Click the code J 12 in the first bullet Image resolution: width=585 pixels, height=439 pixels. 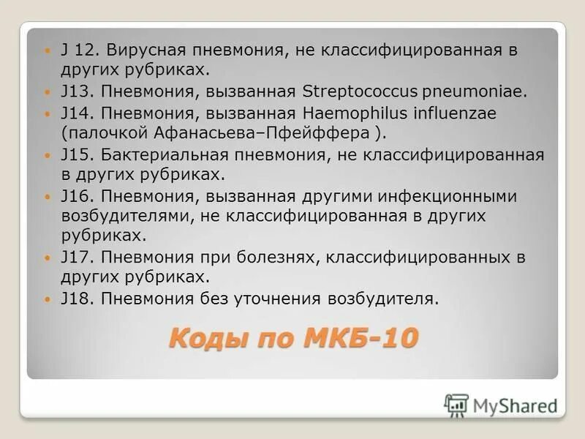tap(78, 50)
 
